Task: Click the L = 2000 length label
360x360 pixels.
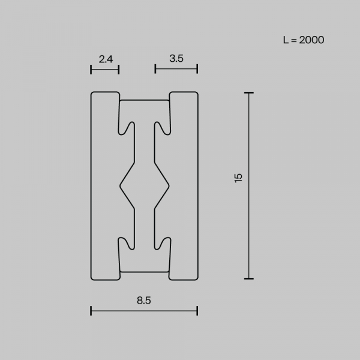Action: pyautogui.click(x=304, y=40)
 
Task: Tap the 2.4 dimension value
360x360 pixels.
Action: pyautogui.click(x=106, y=59)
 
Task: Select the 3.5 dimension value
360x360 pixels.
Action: pyautogui.click(x=176, y=59)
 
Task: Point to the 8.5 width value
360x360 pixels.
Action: pyautogui.click(x=144, y=301)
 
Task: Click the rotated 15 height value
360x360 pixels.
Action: pyautogui.click(x=239, y=178)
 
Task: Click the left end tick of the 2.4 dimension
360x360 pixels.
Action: pyautogui.click(x=91, y=70)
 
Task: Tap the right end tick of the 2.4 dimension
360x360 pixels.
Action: pyautogui.click(x=119, y=70)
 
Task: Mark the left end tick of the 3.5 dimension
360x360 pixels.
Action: pyautogui.click(x=155, y=69)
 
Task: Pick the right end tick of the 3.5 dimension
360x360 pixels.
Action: pyautogui.click(x=197, y=69)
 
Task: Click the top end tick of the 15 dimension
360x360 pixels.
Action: pyautogui.click(x=249, y=93)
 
